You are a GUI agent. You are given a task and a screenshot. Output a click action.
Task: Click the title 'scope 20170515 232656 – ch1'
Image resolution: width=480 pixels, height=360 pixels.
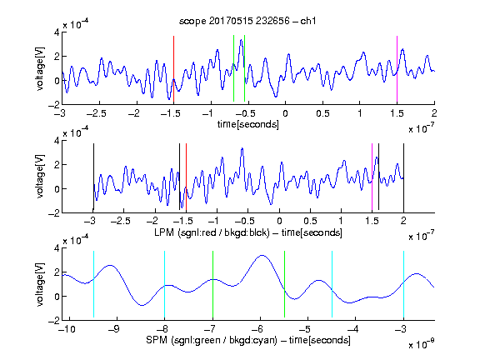[247, 21]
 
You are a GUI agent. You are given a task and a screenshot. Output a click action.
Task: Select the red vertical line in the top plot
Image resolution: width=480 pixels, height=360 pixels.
[173, 69]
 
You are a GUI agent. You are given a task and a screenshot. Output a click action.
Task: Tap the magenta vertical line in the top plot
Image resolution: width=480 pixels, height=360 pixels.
[397, 69]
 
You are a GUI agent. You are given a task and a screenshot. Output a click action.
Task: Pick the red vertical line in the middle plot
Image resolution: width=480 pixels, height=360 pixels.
[186, 177]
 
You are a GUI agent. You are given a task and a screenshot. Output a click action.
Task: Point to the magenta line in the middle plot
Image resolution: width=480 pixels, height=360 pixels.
[372, 177]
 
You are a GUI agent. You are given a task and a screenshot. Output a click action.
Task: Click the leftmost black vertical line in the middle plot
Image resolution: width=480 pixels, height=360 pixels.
[93, 177]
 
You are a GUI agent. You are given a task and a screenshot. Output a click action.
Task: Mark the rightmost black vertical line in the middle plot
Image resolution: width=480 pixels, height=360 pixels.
[403, 177]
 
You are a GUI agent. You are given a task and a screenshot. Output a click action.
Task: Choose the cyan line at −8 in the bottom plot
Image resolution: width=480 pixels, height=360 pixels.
[165, 284]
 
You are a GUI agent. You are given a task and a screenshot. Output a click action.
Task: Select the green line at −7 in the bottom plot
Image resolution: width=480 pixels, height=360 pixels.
[212, 284]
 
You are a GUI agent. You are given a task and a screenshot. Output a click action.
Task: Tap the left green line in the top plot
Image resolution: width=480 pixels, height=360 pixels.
[233, 68]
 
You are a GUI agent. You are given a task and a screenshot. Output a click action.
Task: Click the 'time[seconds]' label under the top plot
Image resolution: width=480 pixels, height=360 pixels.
[248, 124]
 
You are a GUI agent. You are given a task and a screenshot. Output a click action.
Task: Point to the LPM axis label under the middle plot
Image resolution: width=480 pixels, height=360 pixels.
[248, 232]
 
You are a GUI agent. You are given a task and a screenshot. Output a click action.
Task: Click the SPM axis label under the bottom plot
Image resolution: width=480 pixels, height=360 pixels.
[248, 340]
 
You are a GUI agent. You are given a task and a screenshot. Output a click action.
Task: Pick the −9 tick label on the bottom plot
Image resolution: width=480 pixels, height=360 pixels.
[113, 329]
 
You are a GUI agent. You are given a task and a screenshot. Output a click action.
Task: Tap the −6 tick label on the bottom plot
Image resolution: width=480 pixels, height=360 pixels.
[257, 329]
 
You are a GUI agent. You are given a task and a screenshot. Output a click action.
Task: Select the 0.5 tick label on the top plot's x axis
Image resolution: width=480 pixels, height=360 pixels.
[322, 113]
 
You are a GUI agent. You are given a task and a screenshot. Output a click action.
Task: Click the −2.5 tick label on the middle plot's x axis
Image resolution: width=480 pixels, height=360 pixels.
[121, 221]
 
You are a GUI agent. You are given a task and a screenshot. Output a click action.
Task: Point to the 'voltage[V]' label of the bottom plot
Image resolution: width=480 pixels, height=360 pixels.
[40, 284]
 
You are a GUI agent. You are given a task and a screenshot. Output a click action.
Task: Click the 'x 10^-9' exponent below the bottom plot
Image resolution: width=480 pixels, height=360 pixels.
[422, 344]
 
